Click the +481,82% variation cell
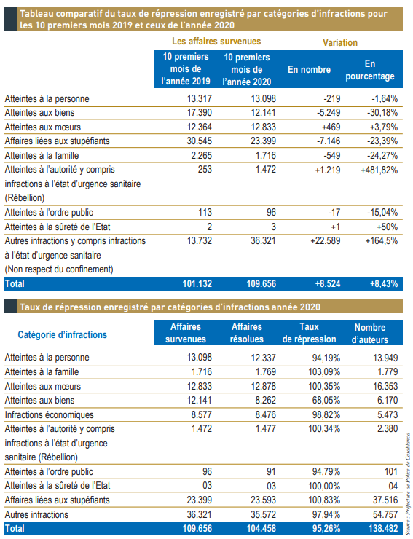379,170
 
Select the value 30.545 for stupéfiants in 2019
200,141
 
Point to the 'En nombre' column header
309,69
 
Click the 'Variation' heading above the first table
340,43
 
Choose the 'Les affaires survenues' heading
216,42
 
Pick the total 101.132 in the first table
197,283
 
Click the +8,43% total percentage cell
384,283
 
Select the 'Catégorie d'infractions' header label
62,334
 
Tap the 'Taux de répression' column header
309,333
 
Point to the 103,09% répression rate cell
324,371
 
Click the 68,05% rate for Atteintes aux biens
326,400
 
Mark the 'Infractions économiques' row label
50,414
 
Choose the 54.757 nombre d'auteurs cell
385,514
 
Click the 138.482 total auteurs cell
383,528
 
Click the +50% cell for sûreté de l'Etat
388,227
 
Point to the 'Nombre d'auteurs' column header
370,334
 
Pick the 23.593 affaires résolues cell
263,500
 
